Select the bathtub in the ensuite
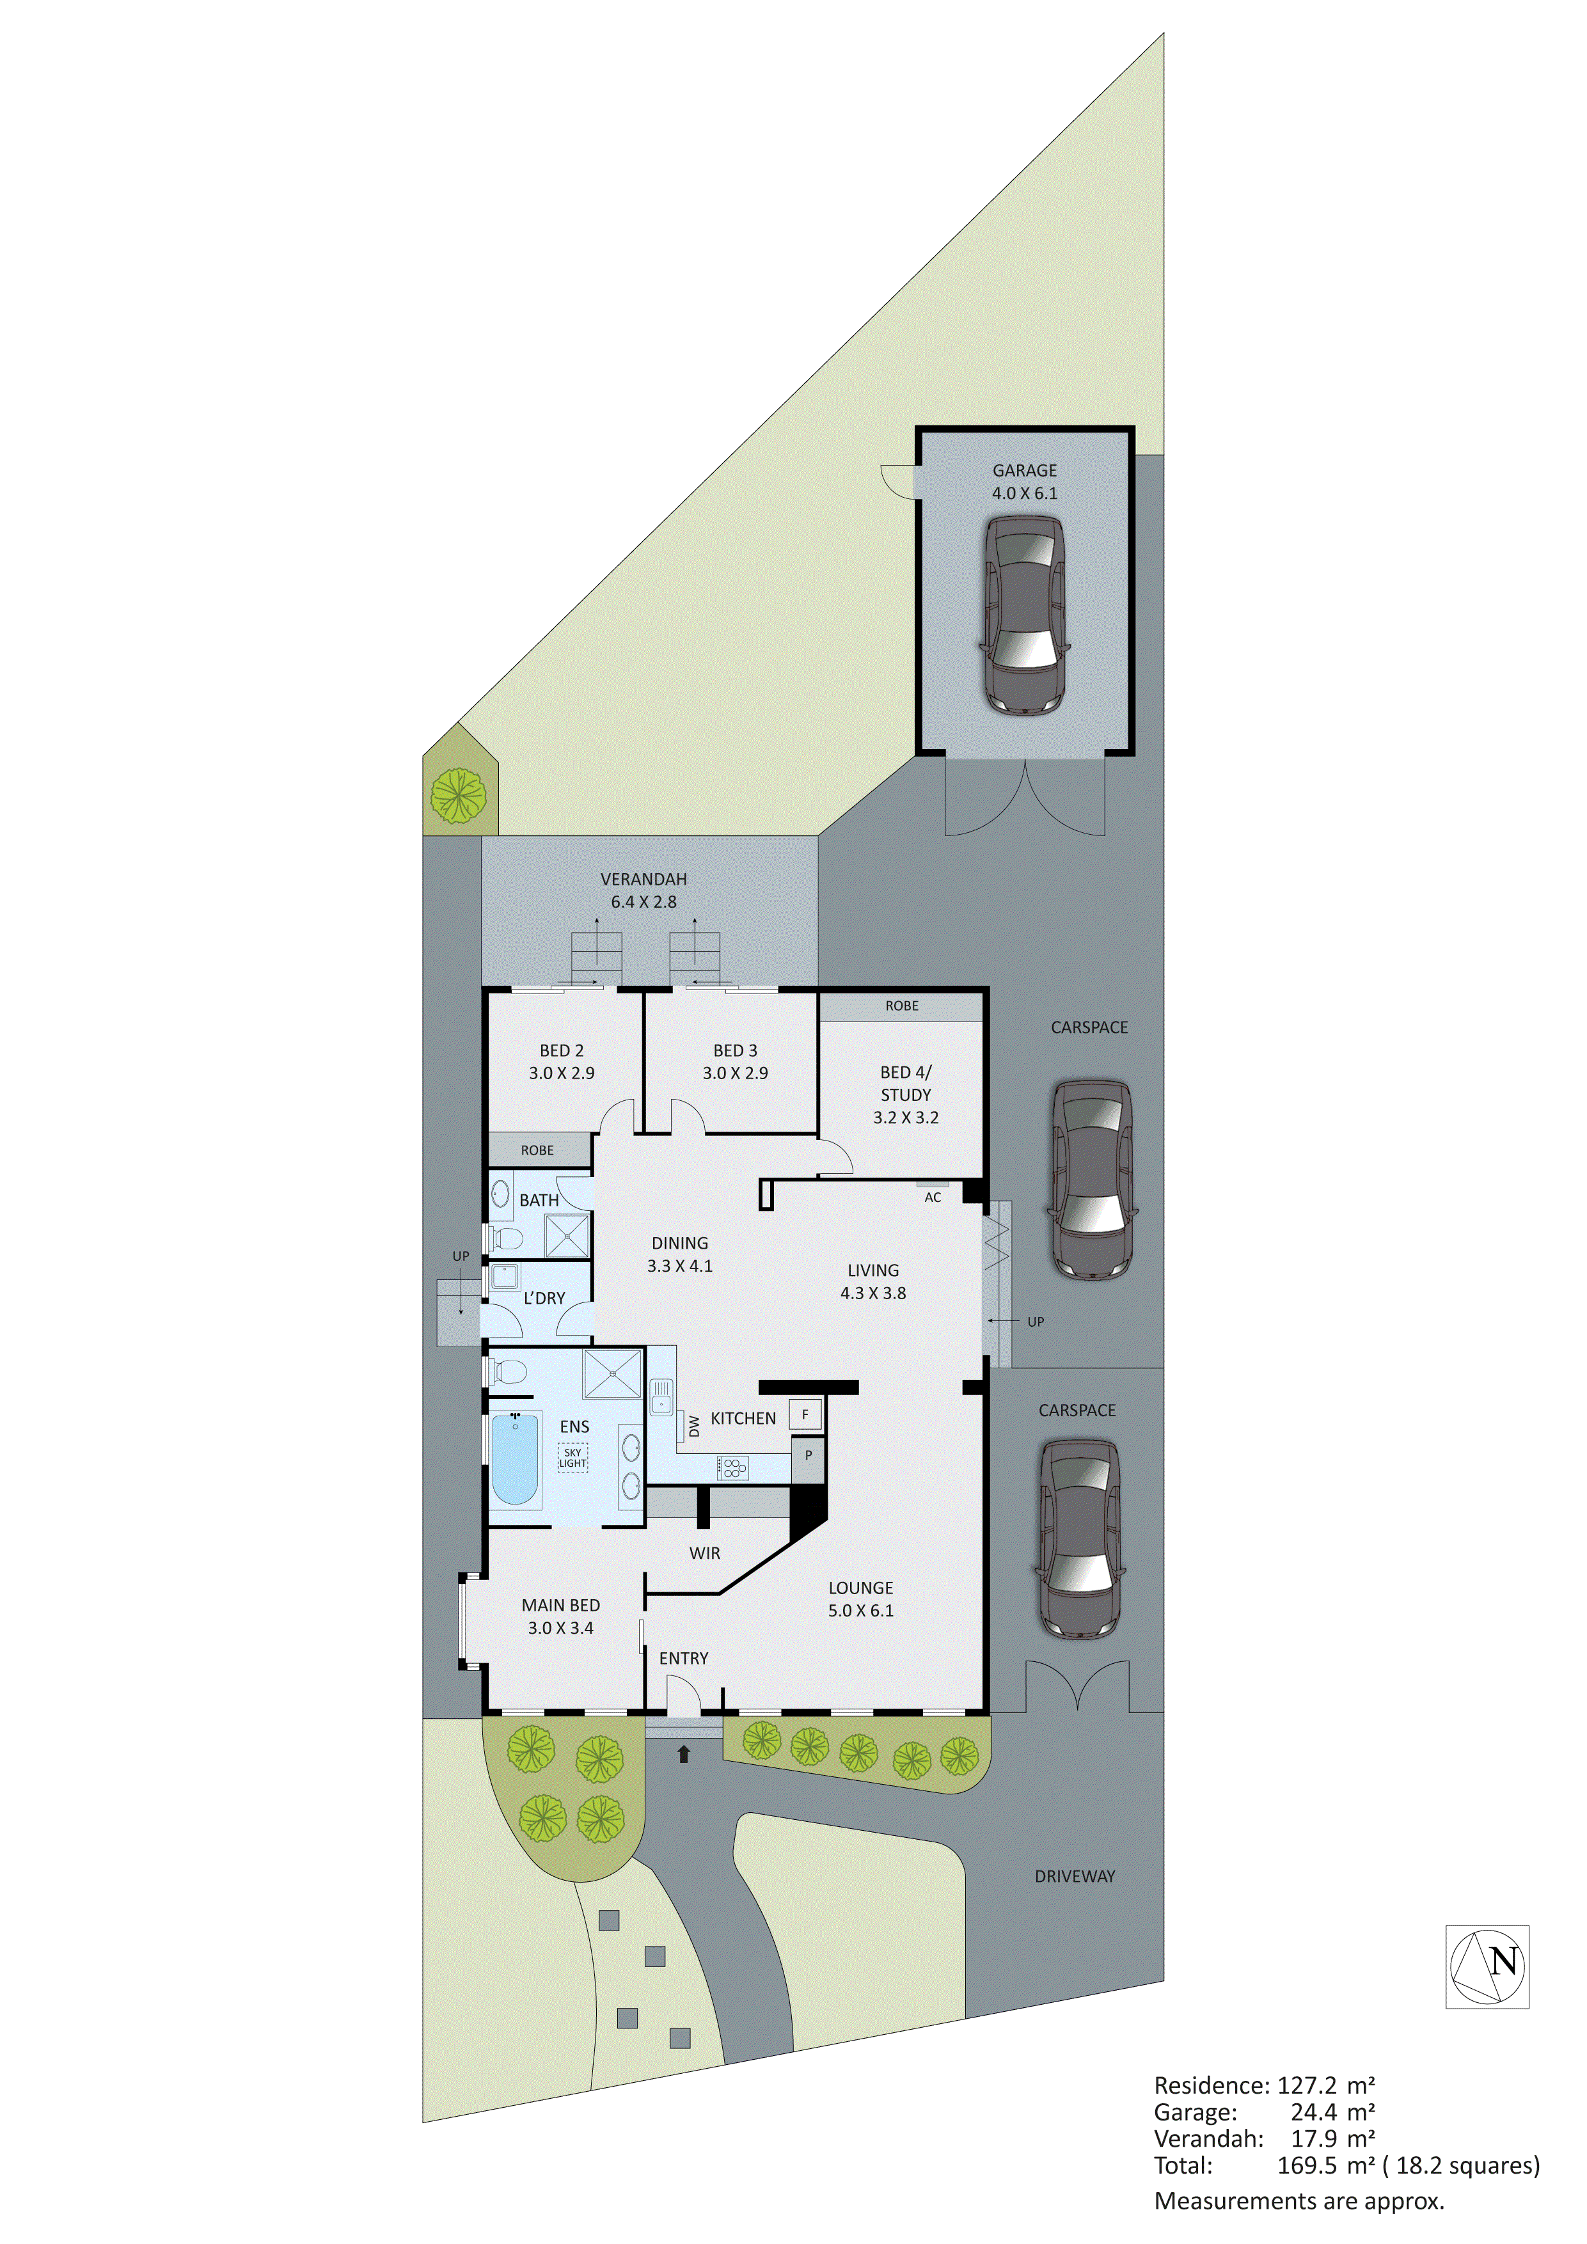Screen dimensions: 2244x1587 pyautogui.click(x=514, y=1459)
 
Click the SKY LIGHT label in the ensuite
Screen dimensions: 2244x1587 pyautogui.click(x=572, y=1457)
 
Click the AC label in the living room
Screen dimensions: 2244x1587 pyautogui.click(x=932, y=1197)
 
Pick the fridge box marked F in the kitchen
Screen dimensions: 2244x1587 pyautogui.click(x=805, y=1414)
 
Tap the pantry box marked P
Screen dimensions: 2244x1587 pyautogui.click(x=808, y=1455)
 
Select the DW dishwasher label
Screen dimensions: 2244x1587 pyautogui.click(x=694, y=1426)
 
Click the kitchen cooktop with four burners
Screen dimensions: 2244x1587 pyautogui.click(x=733, y=1467)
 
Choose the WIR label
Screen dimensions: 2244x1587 pyautogui.click(x=704, y=1553)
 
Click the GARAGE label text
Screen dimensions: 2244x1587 pyautogui.click(x=1024, y=470)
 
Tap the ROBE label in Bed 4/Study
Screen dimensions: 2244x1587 pyautogui.click(x=901, y=1006)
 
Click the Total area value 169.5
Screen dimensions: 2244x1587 pyautogui.click(x=1307, y=2165)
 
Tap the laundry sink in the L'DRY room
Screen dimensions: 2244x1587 pyautogui.click(x=504, y=1276)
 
